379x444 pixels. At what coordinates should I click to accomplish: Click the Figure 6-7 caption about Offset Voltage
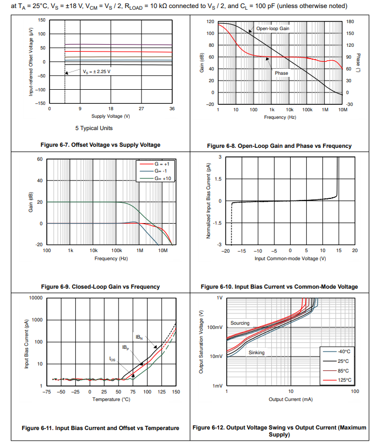[x=100, y=145]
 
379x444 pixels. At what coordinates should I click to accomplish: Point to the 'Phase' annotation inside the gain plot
[x=282, y=73]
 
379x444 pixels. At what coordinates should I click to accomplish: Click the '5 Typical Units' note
[x=94, y=128]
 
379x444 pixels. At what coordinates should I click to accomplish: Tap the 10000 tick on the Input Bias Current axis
[x=36, y=298]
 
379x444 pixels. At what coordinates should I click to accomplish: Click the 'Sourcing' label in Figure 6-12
[x=240, y=323]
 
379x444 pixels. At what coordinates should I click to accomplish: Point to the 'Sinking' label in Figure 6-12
[x=256, y=353]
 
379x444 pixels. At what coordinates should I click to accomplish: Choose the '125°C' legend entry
[x=343, y=380]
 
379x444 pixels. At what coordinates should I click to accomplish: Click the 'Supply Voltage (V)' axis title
[x=110, y=116]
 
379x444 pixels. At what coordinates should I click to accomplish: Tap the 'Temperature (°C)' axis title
[x=111, y=399]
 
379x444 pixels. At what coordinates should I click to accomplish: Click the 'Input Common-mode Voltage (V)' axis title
[x=290, y=258]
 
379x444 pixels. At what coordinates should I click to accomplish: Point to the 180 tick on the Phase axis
[x=349, y=22]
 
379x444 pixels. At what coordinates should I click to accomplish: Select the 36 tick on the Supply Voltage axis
[x=172, y=109]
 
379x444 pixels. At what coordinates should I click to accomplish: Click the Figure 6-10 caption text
[x=279, y=287]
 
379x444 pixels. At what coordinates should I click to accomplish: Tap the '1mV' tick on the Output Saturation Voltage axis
[x=218, y=386]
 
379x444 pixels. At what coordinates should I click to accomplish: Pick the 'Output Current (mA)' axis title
[x=291, y=399]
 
